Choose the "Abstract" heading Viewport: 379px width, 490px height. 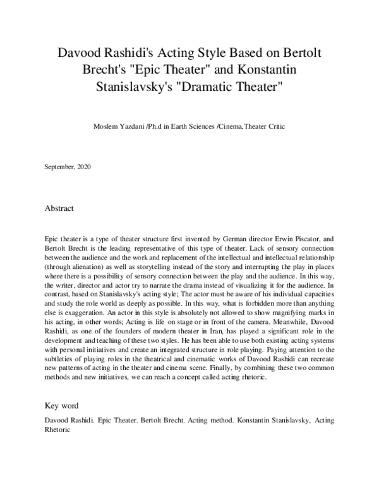[59, 208]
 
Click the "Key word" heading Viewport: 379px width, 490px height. [62, 405]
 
